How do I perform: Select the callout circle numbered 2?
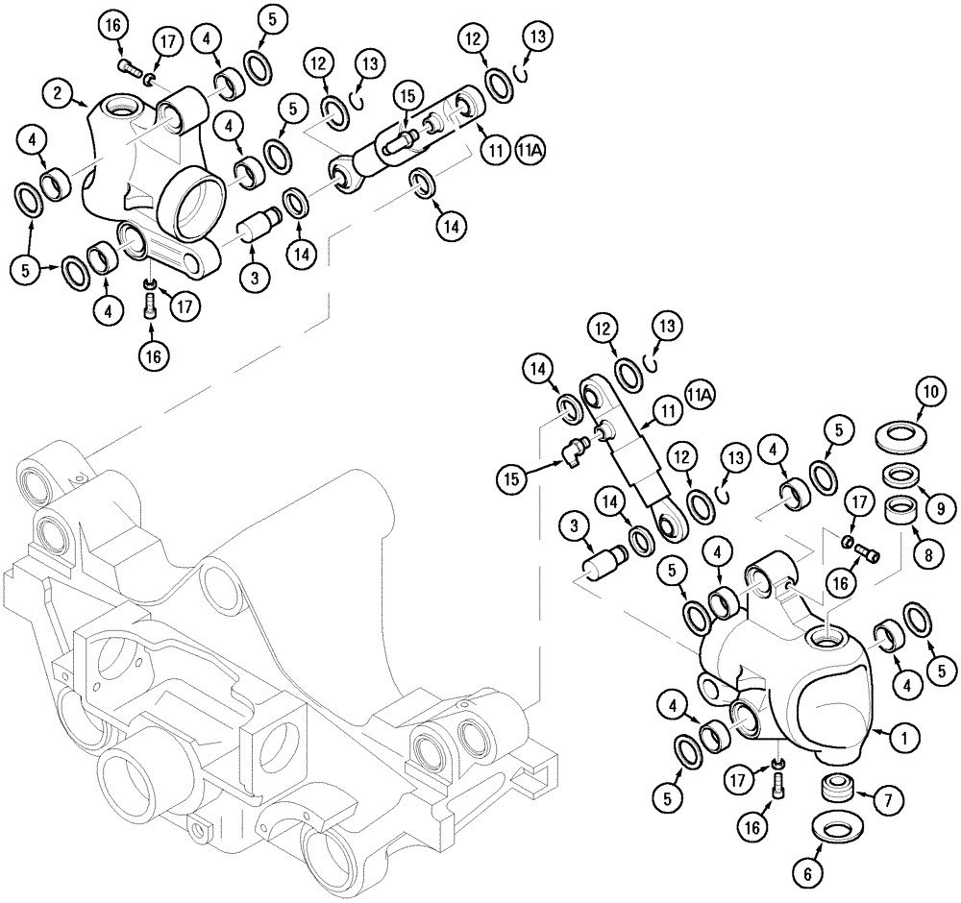60,95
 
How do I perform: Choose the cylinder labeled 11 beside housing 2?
404,144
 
